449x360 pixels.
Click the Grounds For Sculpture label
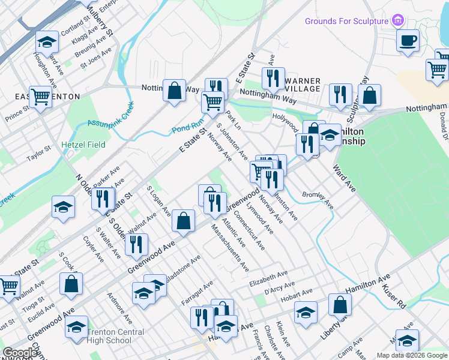pyautogui.click(x=347, y=21)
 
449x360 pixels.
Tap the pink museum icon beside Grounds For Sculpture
pyautogui.click(x=397, y=21)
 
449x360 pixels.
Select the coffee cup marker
pyautogui.click(x=408, y=41)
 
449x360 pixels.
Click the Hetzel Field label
pyautogui.click(x=83, y=145)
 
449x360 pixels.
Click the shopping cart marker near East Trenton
pyautogui.click(x=40, y=96)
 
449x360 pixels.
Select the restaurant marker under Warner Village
pyautogui.click(x=273, y=78)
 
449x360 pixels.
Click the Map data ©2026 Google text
pyautogui.click(x=411, y=355)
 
